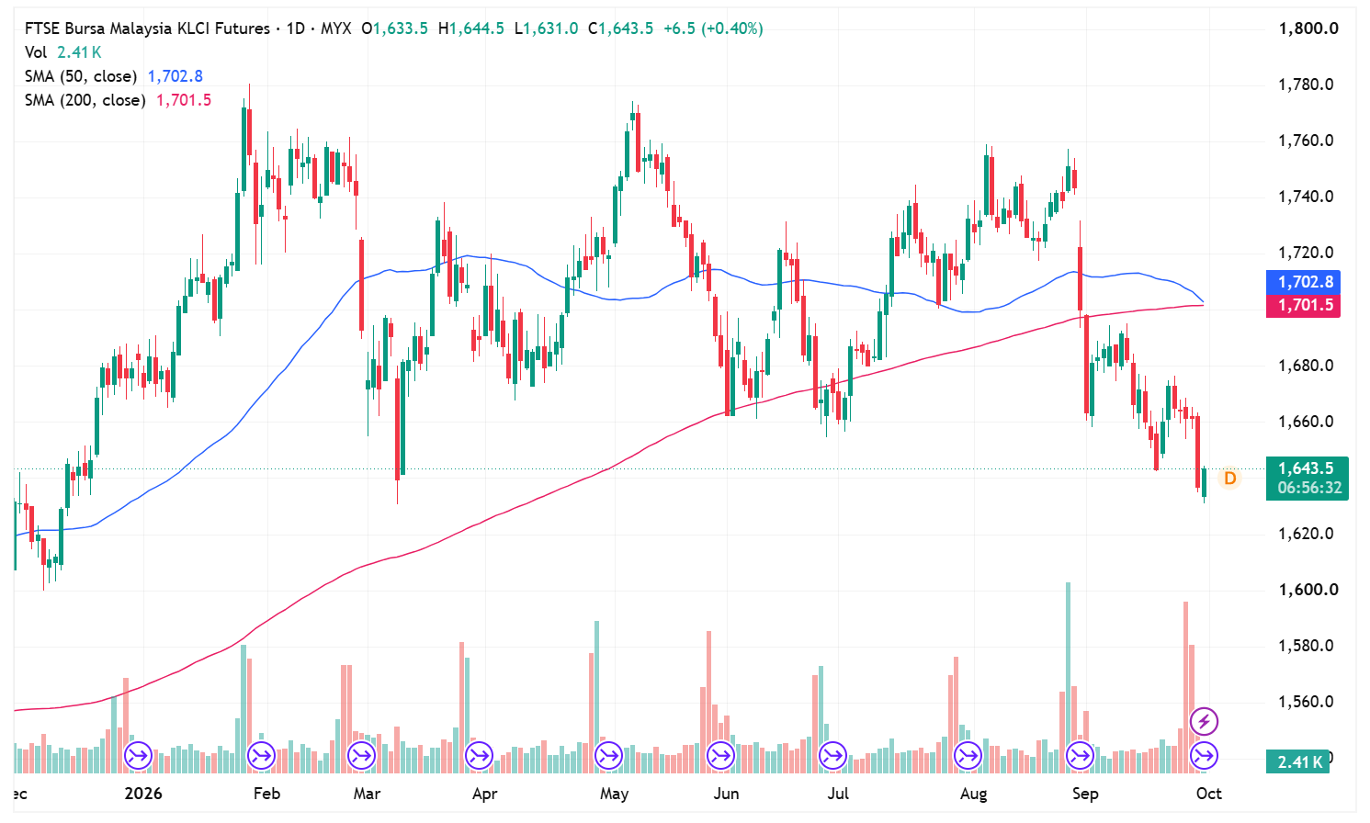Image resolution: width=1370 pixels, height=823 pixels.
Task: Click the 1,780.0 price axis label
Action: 1306,85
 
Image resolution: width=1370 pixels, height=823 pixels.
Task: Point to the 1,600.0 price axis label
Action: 1308,590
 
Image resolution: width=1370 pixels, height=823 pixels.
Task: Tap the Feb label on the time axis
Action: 266,794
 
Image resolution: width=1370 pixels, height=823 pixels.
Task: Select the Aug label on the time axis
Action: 973,794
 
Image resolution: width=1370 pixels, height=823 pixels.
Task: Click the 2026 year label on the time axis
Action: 143,794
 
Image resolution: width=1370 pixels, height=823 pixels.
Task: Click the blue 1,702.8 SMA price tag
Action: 1303,282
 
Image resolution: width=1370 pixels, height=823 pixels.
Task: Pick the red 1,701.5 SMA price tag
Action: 1303,305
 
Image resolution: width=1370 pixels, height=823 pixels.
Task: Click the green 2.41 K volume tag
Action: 1297,761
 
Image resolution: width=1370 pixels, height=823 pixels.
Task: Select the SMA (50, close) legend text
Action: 81,76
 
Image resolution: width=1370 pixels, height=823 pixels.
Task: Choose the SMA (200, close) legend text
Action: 85,100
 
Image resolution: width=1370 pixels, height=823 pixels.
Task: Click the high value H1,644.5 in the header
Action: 471,28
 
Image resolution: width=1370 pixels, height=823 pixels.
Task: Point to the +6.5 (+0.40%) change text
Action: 713,28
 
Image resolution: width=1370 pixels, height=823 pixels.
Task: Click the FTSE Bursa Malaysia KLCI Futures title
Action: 147,28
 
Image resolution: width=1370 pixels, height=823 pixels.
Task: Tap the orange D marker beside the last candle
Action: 1229,479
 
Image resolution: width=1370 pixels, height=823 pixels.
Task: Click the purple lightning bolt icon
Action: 1204,721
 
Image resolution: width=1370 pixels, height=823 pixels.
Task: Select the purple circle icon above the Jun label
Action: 720,756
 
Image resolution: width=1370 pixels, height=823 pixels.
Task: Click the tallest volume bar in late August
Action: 1068,678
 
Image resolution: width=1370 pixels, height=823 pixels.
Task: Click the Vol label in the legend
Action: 36,52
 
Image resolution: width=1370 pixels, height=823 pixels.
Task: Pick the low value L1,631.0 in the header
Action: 546,28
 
